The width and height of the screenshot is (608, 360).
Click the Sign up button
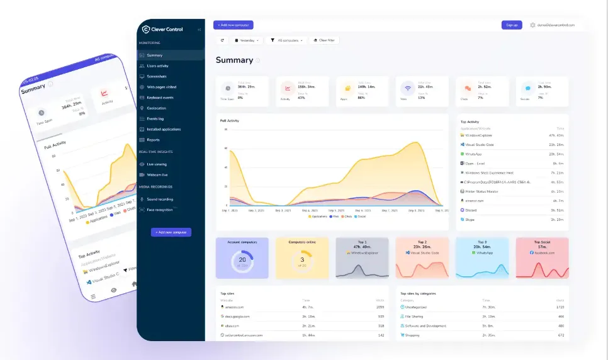pyautogui.click(x=512, y=25)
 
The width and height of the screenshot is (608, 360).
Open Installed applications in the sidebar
pyautogui.click(x=163, y=129)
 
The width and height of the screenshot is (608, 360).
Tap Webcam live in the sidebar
pyautogui.click(x=157, y=174)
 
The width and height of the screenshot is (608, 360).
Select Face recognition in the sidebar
pyautogui.click(x=159, y=210)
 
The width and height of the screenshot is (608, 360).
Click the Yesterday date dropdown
pyautogui.click(x=248, y=40)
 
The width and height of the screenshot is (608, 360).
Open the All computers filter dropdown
pyautogui.click(x=287, y=40)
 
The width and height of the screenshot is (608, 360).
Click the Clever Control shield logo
pyautogui.click(x=146, y=29)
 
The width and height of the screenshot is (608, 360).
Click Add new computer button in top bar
pyautogui.click(x=233, y=25)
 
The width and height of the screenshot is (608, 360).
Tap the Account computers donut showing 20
pyautogui.click(x=242, y=259)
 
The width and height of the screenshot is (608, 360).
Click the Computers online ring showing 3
pyautogui.click(x=302, y=259)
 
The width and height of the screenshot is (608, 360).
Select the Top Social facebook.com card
pyautogui.click(x=542, y=257)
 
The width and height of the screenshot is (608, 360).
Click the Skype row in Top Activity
pyautogui.click(x=470, y=220)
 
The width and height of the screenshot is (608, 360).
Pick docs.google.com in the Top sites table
pyautogui.click(x=237, y=316)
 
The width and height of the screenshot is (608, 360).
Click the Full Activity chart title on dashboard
pyautogui.click(x=229, y=120)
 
